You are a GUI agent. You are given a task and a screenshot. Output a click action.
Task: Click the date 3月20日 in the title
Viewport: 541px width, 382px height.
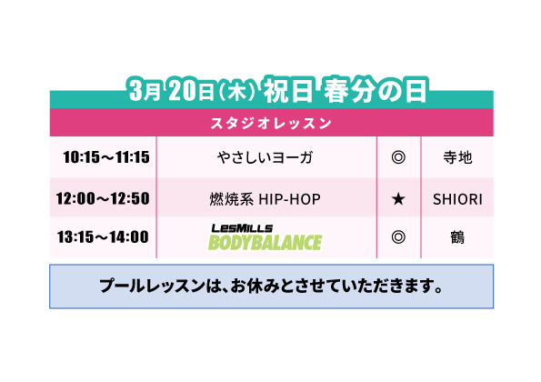click(172, 91)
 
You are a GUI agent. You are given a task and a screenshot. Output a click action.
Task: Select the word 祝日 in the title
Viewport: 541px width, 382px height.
click(289, 90)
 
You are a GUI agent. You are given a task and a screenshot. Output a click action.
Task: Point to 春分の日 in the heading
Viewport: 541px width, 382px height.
click(376, 90)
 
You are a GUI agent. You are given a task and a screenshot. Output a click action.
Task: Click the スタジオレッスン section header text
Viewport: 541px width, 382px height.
click(271, 123)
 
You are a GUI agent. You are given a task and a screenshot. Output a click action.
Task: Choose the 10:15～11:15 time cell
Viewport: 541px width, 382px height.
click(106, 157)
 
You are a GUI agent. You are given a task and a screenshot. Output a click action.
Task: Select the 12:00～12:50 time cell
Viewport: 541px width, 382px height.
click(103, 198)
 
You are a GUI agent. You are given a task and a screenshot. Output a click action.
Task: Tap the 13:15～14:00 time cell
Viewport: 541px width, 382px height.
click(103, 237)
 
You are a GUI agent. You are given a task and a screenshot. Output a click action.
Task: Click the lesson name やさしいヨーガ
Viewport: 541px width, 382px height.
click(265, 157)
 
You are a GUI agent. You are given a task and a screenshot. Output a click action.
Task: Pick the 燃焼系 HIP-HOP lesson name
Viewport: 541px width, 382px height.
click(265, 199)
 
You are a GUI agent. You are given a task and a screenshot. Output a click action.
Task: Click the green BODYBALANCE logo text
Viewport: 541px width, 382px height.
click(265, 242)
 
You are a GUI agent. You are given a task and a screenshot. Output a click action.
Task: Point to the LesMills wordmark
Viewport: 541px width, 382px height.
click(242, 228)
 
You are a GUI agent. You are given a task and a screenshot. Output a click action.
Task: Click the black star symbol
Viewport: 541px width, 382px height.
click(398, 199)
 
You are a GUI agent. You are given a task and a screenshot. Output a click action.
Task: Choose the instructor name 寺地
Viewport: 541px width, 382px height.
click(457, 157)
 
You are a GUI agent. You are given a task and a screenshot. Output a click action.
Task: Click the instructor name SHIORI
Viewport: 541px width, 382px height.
click(457, 199)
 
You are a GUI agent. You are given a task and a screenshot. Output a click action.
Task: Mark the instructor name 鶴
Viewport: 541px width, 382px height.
click(457, 237)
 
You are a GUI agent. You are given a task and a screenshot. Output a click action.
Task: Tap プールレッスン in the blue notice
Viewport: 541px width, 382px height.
click(152, 286)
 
